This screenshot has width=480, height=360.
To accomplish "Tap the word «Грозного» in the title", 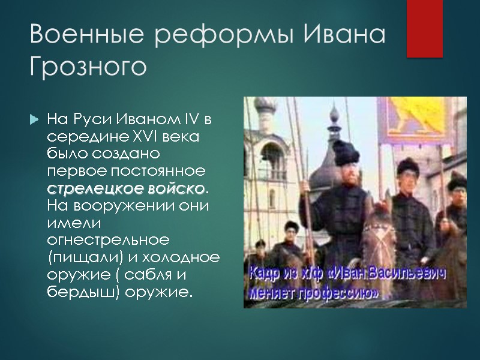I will click(88, 67).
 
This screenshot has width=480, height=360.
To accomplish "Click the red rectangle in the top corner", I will click(424, 28).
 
